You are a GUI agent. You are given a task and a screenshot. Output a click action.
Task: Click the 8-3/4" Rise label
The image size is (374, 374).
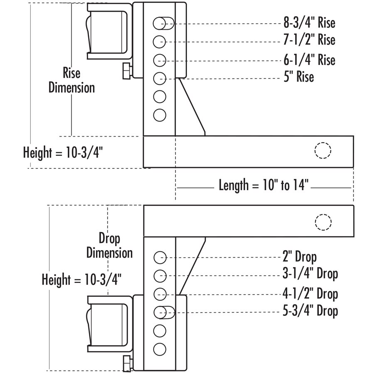pos(309,23)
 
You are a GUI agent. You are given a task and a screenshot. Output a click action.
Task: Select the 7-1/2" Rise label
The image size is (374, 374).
pos(309,39)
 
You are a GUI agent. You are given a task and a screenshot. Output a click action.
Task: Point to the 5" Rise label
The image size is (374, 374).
pos(299,76)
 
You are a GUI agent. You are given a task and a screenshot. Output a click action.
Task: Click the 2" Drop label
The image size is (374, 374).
pos(300,257)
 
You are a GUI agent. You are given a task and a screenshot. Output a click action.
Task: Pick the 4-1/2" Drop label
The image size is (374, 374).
pos(310,294)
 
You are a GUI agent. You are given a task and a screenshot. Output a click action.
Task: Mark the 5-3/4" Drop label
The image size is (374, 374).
pos(310,311)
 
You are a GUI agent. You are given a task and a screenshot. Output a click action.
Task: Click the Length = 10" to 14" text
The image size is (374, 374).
pos(263,185)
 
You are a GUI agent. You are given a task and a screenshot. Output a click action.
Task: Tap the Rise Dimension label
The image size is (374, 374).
pos(71,80)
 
